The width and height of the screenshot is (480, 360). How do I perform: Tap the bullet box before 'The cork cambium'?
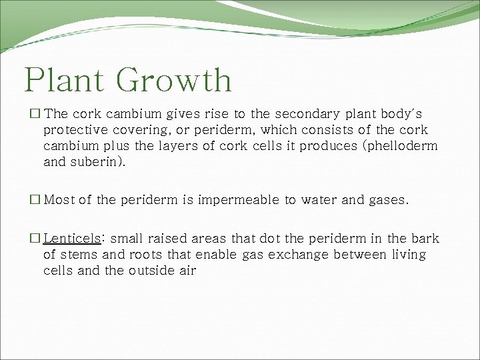pos(35,115)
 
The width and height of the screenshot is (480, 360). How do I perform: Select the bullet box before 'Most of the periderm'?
pos(35,200)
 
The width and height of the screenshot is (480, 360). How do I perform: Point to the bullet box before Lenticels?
pos(35,239)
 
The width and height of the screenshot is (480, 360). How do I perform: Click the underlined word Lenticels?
pos(72,239)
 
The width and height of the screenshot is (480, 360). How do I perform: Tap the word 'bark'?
pos(425,239)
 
